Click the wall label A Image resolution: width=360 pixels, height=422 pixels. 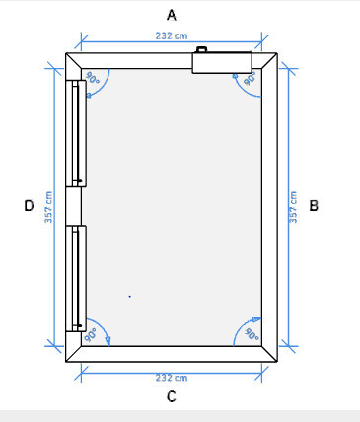click(172, 15)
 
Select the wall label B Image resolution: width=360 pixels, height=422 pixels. click(314, 206)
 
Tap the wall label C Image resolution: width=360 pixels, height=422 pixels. click(172, 396)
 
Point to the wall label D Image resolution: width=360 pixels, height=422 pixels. click(29, 206)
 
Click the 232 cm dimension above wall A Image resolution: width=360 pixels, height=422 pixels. click(172, 35)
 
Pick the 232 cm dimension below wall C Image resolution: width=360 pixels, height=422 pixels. click(172, 378)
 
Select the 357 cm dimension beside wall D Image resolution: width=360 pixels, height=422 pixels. click(48, 207)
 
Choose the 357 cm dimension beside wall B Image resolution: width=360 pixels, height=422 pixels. click(293, 207)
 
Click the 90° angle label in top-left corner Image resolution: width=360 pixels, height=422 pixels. click(92, 78)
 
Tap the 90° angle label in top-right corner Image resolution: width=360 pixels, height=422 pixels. click(251, 79)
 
